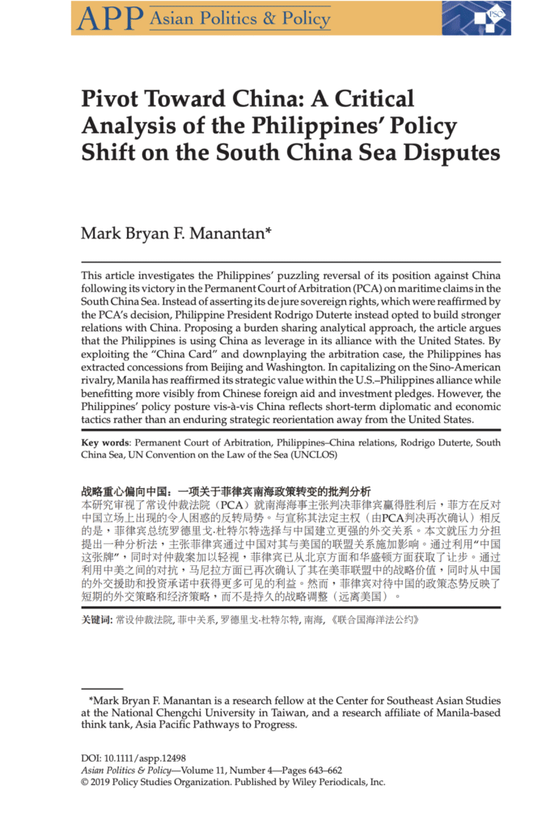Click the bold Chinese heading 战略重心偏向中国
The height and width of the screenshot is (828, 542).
coord(125,490)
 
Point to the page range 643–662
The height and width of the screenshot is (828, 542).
coord(315,771)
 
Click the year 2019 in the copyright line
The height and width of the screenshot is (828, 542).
coord(102,782)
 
